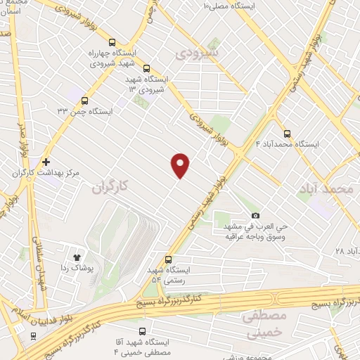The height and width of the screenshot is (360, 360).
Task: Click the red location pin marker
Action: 181,165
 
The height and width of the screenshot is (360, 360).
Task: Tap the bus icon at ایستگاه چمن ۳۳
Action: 85,101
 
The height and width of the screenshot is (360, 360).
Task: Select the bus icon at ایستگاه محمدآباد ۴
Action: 287,134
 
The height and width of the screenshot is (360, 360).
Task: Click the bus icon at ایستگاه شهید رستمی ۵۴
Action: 167,259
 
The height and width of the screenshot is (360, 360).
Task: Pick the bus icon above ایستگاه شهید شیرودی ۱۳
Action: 146,69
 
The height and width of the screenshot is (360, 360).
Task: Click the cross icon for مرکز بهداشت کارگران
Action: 46,162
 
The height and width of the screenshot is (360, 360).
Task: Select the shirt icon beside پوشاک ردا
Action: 77,258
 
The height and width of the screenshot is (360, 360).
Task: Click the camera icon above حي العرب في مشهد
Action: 255,215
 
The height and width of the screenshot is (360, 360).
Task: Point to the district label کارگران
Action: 111,187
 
